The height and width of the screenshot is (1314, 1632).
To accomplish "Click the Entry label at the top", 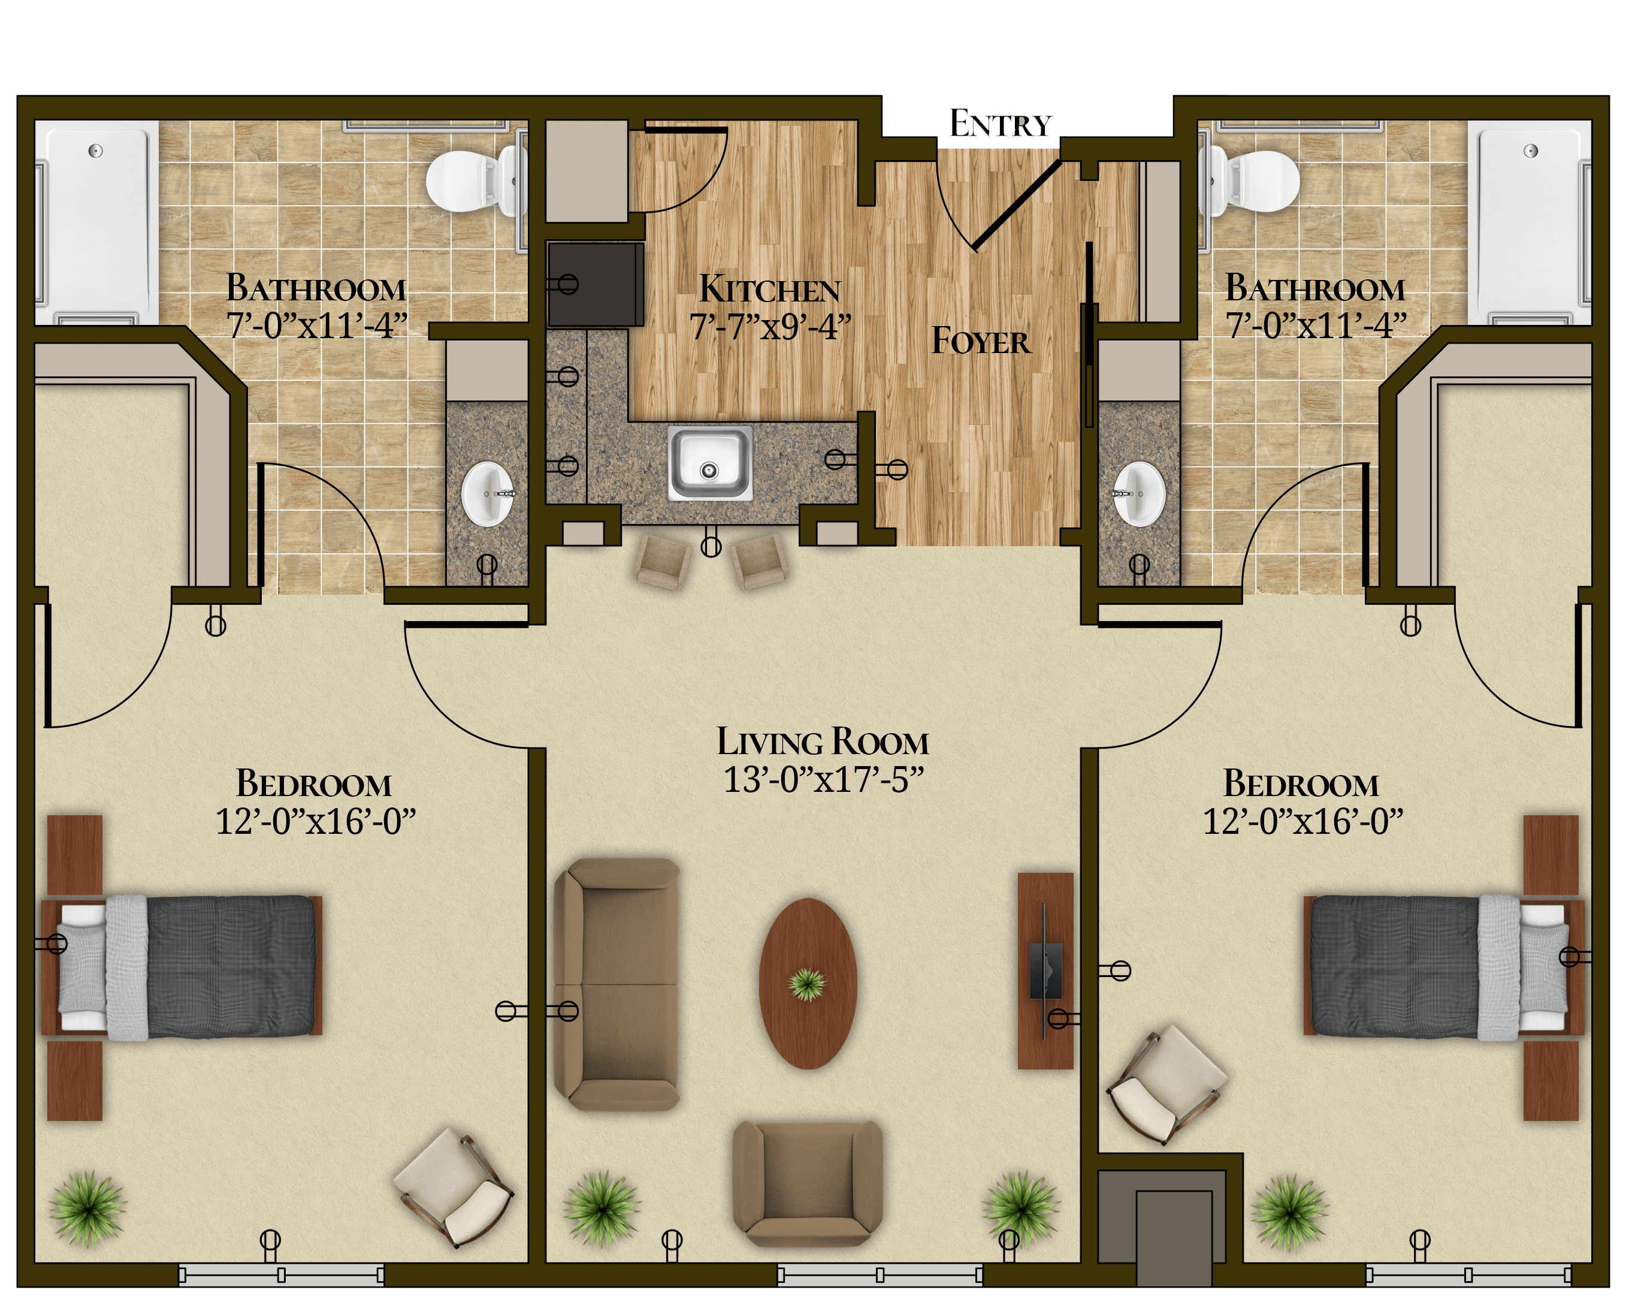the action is click(x=1000, y=123).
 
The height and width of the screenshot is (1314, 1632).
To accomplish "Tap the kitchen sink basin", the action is click(x=709, y=462).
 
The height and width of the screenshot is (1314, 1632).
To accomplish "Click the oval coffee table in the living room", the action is click(x=808, y=983).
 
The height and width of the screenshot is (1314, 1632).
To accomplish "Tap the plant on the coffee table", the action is click(x=807, y=984).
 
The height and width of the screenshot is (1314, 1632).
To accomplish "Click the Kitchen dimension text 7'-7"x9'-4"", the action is click(x=770, y=327).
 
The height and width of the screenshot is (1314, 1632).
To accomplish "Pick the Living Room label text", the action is click(x=823, y=742).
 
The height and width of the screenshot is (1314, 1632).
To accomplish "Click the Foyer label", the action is click(x=980, y=341).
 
